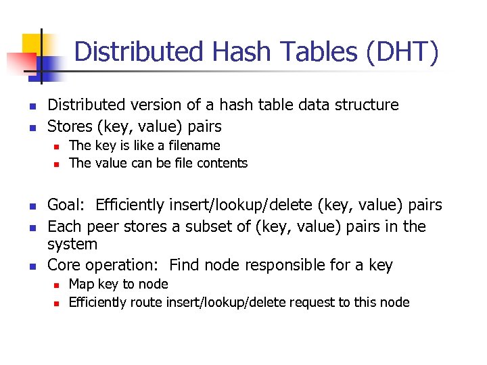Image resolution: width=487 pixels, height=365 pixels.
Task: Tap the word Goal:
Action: (x=68, y=205)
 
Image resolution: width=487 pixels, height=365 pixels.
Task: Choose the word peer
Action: (x=103, y=226)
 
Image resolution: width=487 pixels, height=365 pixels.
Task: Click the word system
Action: (x=72, y=243)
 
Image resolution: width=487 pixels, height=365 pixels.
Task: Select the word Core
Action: (x=65, y=265)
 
